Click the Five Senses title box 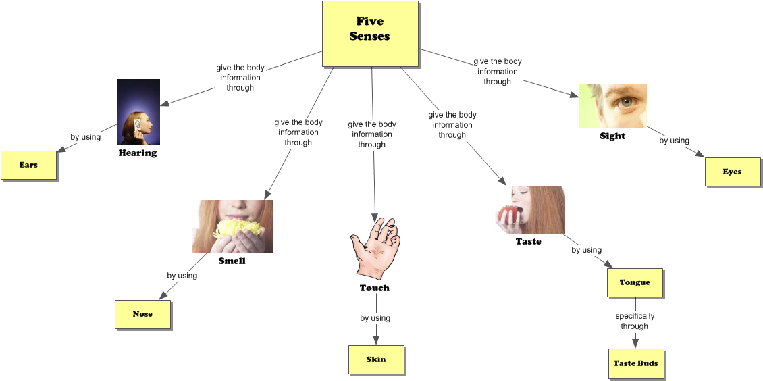[x=369, y=33]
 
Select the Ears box [x=28, y=165]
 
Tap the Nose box [x=142, y=314]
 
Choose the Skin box [x=376, y=359]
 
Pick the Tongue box [x=635, y=282]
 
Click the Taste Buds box [x=635, y=363]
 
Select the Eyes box [x=733, y=172]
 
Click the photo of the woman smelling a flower [x=232, y=226]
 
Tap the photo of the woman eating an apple [x=528, y=209]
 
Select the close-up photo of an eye [x=612, y=105]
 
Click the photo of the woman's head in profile [x=138, y=112]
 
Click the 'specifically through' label [x=635, y=321]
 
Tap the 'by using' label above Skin [x=375, y=318]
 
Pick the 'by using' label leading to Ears [x=86, y=137]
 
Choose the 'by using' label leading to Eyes [x=674, y=141]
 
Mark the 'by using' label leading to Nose [x=182, y=276]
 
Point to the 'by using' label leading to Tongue [x=586, y=250]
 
